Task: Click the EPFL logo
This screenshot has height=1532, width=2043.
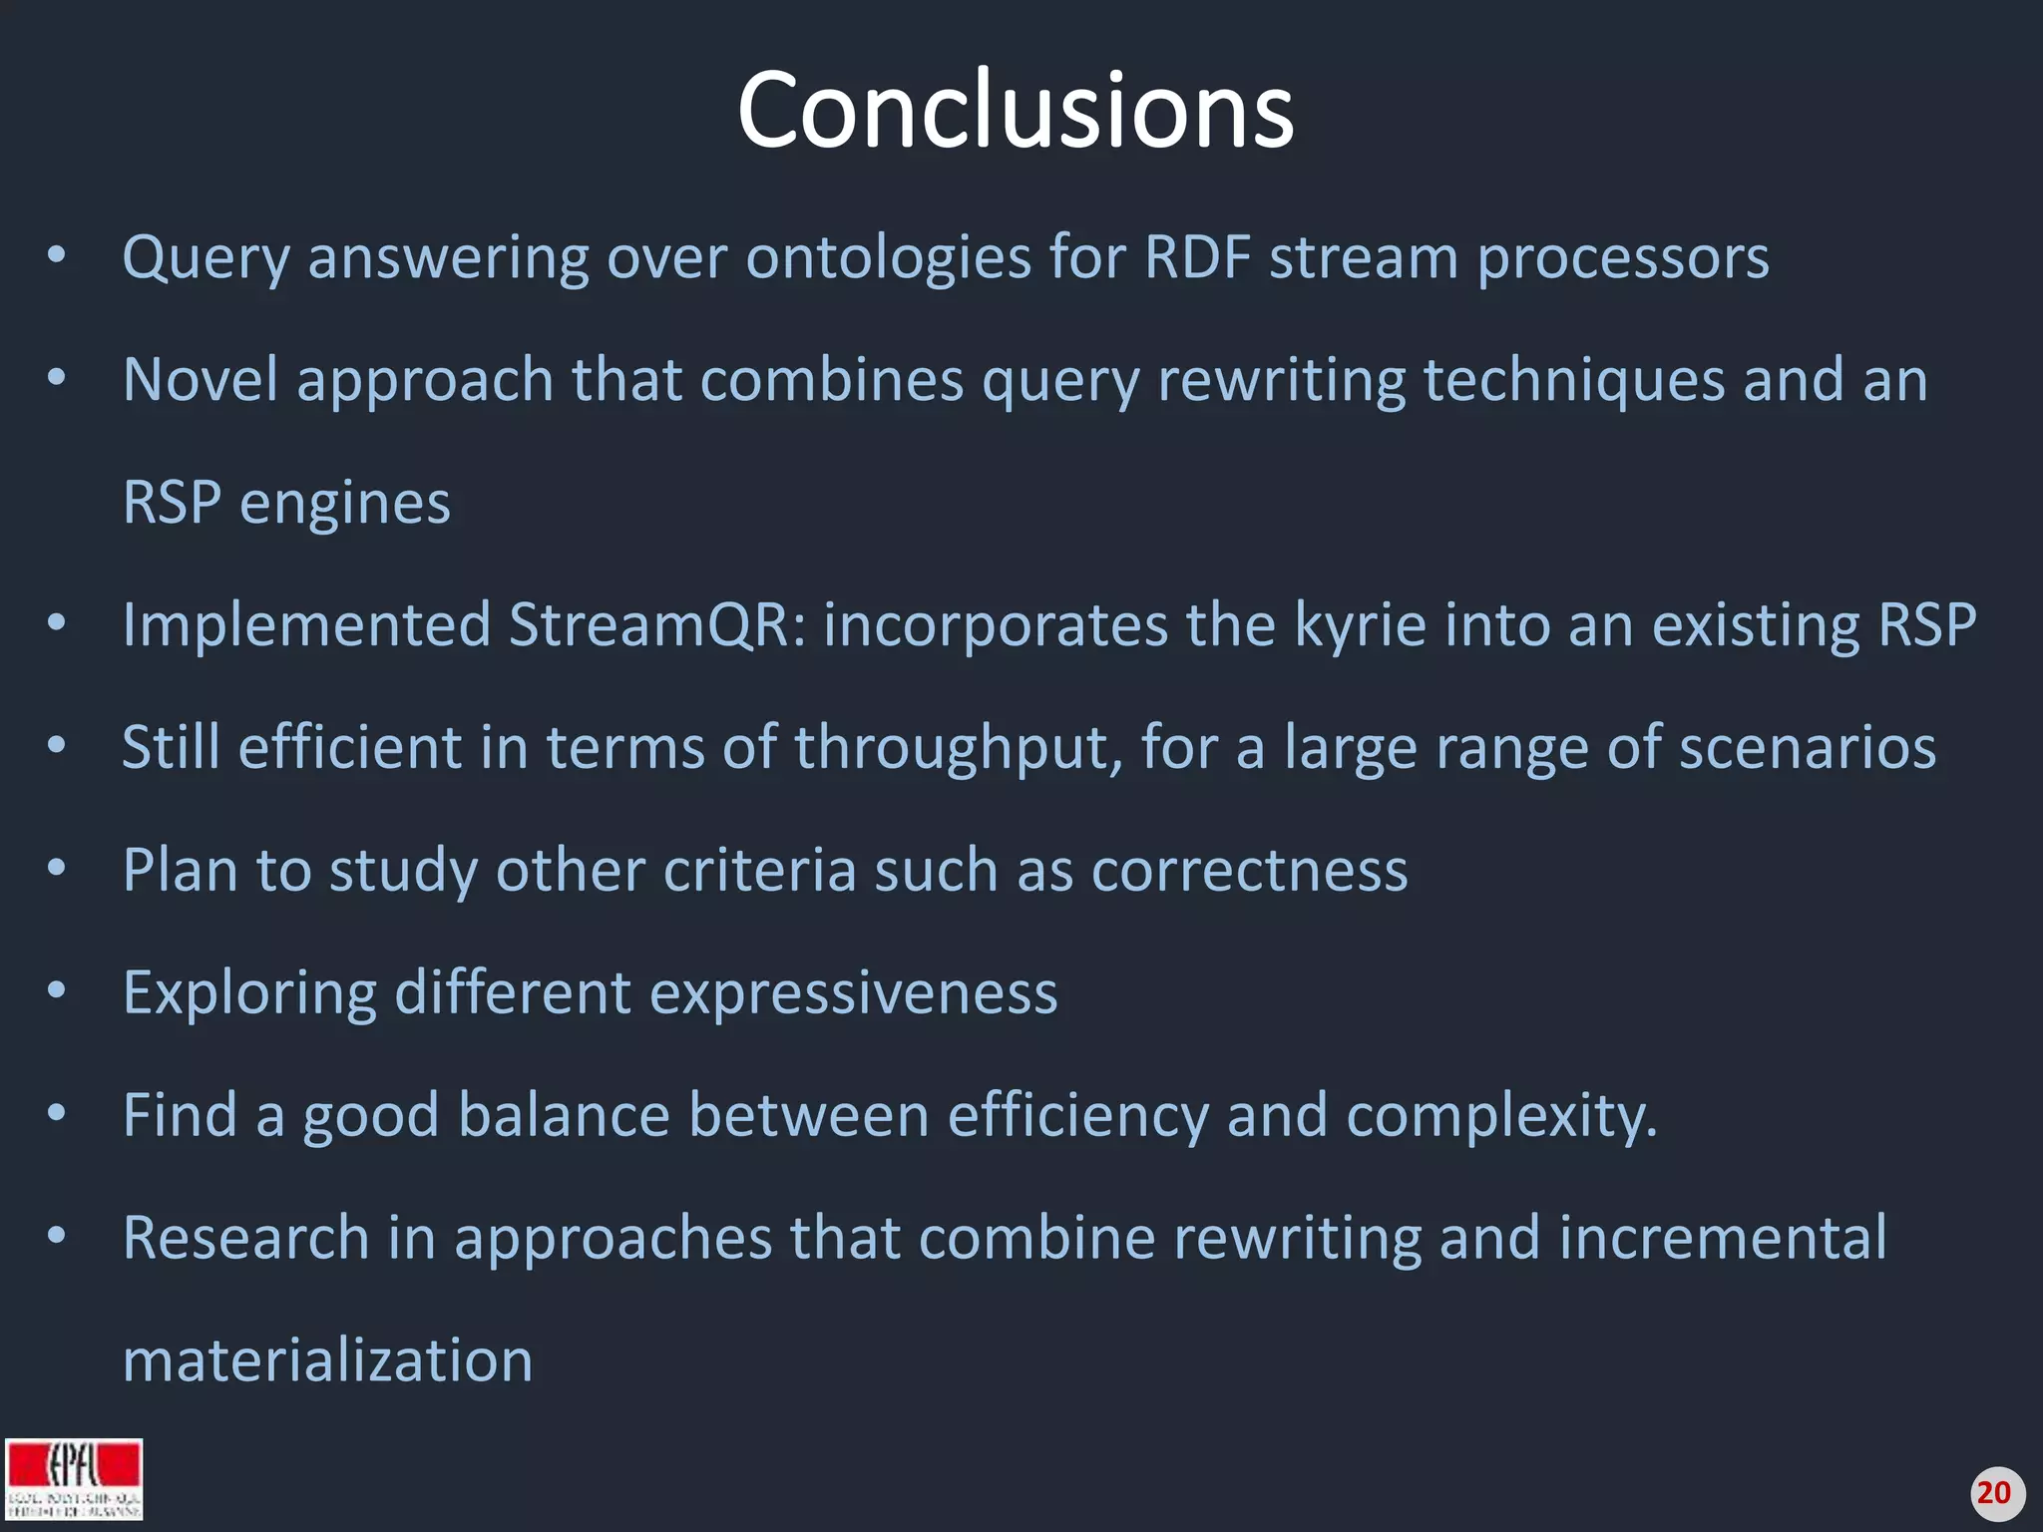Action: click(x=74, y=1478)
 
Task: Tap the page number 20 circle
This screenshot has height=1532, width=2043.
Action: click(x=1993, y=1493)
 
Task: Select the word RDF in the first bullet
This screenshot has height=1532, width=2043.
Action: click(x=1197, y=257)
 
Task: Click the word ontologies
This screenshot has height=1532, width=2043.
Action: click(x=888, y=259)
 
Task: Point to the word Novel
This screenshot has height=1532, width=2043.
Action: click(x=200, y=380)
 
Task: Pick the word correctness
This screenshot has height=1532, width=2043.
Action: click(x=1249, y=870)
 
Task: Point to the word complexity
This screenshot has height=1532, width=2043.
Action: click(x=1500, y=1116)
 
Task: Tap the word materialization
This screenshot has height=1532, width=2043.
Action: click(x=327, y=1360)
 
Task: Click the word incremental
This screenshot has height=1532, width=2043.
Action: click(x=1722, y=1238)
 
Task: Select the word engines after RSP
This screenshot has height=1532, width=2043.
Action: click(x=345, y=504)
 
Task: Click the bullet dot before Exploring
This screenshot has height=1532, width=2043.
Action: click(x=57, y=991)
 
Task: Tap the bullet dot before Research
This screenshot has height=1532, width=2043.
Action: click(x=57, y=1236)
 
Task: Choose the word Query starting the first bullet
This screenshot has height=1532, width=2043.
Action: click(x=206, y=259)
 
